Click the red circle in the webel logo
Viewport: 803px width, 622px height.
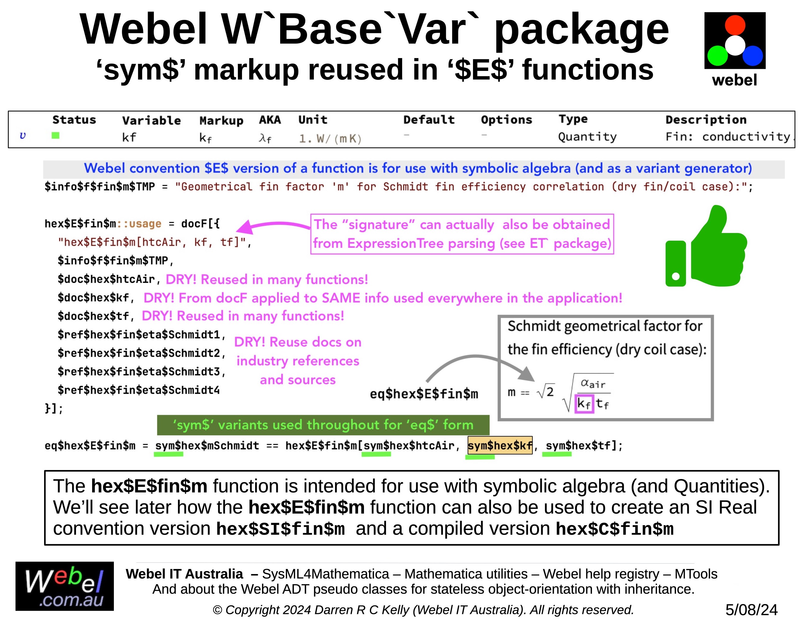coord(735,25)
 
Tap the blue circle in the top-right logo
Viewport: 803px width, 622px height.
coord(753,55)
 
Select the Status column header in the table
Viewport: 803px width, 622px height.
coord(74,120)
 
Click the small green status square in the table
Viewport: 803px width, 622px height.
coord(55,136)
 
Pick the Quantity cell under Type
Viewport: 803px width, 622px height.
coord(587,137)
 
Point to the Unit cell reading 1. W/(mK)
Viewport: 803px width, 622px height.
coord(330,139)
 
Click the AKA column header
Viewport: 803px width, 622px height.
coord(269,120)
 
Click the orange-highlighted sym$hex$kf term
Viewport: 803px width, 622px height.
coord(500,446)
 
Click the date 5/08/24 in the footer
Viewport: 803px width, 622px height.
coord(751,610)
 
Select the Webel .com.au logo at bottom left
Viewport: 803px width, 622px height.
coord(65,586)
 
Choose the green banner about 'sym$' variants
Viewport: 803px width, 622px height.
coord(323,425)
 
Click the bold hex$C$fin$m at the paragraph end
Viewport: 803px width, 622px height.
coord(614,529)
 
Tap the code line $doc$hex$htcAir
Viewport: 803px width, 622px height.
coord(106,279)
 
